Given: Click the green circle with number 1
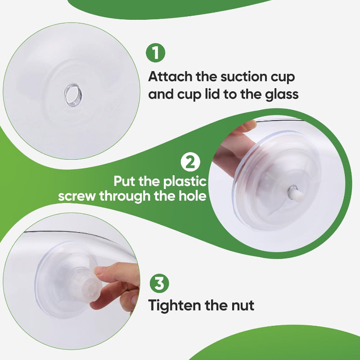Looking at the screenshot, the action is pyautogui.click(x=155, y=53).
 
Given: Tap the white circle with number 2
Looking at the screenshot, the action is pyautogui.click(x=190, y=162).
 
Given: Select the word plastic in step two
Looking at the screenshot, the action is pyautogui.click(x=185, y=181).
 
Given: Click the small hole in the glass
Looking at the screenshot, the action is pyautogui.click(x=73, y=95).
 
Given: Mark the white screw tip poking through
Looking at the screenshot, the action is pyautogui.click(x=296, y=193).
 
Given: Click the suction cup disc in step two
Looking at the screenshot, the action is pyautogui.click(x=277, y=180).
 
